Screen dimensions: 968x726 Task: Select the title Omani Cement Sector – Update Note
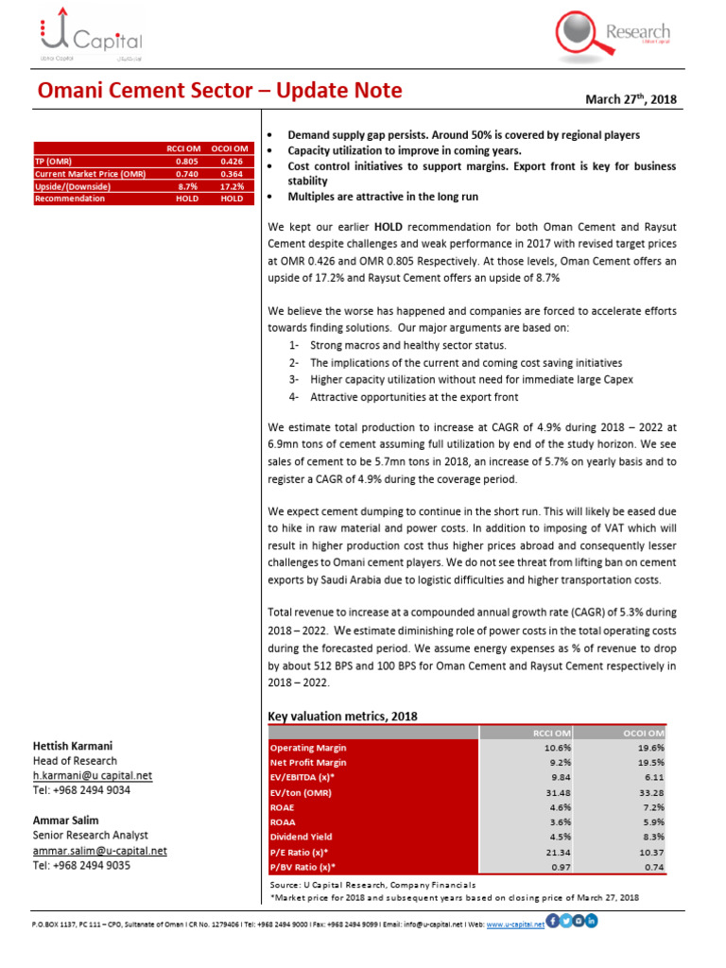point(219,91)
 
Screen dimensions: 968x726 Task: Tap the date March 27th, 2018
point(632,99)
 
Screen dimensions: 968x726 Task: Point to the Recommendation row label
point(70,199)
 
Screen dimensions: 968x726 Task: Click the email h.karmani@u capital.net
point(92,775)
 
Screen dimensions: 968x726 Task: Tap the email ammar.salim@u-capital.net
point(99,850)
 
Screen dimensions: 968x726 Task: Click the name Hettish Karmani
point(73,746)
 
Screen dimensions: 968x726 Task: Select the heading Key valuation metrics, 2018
point(343,716)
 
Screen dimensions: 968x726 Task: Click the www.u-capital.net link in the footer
point(515,924)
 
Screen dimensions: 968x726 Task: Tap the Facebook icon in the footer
point(553,922)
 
